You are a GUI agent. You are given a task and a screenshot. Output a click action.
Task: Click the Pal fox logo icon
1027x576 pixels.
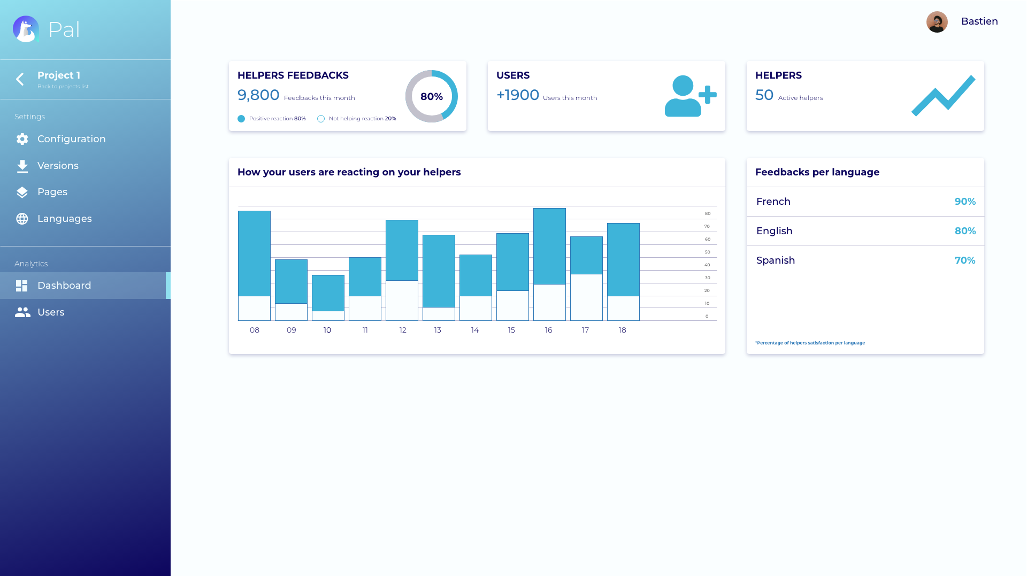pos(26,29)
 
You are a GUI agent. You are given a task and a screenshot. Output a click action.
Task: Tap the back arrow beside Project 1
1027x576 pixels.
pos(20,79)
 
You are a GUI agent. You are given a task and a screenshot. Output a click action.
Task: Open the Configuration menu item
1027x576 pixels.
pos(71,139)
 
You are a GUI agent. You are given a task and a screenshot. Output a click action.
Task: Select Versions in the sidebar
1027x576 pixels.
pos(58,166)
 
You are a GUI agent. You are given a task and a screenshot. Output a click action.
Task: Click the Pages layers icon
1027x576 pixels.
pos(22,193)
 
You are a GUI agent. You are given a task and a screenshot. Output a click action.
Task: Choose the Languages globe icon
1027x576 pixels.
pos(22,219)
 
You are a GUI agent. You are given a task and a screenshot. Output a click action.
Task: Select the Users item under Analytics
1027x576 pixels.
pos(51,312)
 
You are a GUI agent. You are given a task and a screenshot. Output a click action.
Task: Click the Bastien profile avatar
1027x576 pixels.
pos(937,22)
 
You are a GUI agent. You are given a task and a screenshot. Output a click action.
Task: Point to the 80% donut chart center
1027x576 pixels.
pos(431,96)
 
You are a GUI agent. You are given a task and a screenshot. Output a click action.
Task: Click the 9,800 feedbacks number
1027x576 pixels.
pos(258,95)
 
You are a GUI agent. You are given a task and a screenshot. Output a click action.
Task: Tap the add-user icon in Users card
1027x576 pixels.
pos(690,96)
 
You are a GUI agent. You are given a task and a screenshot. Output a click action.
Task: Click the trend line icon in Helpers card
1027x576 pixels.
pos(943,96)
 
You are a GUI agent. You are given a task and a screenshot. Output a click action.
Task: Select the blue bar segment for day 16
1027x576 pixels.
pos(549,246)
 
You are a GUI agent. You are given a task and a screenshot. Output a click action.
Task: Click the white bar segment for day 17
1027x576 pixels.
pos(586,297)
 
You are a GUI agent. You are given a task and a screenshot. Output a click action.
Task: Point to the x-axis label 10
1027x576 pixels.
pos(327,330)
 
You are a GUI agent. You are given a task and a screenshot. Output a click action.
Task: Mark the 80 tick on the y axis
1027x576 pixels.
pos(708,213)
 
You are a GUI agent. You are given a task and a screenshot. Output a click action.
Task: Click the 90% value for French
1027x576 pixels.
pos(965,202)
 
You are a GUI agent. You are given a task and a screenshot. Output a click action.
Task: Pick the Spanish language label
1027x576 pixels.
pos(776,260)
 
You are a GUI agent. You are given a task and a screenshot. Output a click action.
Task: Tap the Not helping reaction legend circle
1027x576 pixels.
pos(321,119)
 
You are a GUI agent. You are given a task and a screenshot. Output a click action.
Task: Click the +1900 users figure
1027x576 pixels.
pos(518,95)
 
